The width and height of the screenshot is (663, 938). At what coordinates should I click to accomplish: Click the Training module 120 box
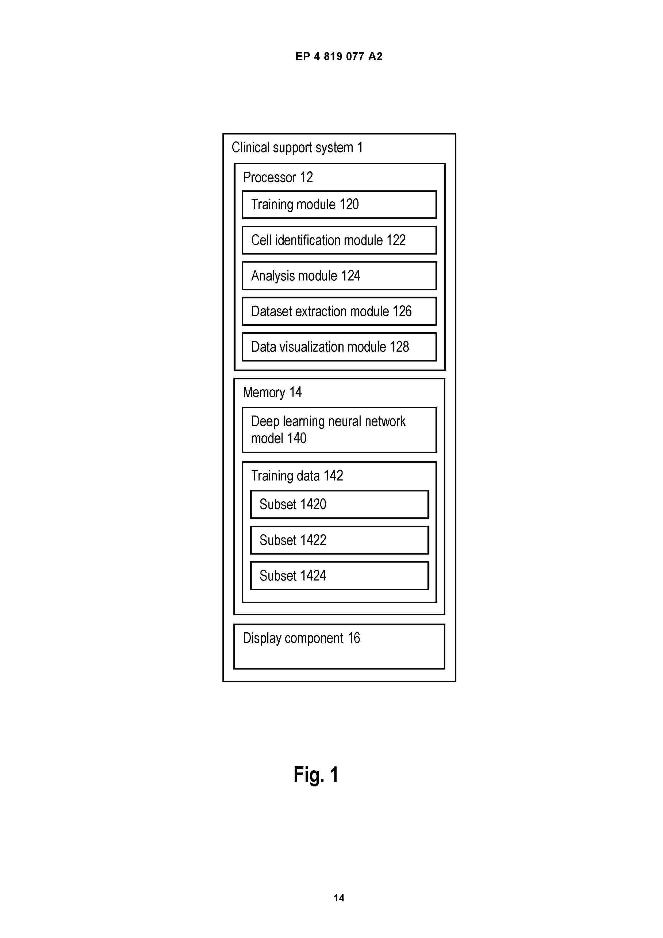[x=339, y=205]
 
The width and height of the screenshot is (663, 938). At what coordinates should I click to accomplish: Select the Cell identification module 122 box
[x=339, y=240]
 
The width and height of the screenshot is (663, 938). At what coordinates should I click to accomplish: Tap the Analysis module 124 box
[x=339, y=276]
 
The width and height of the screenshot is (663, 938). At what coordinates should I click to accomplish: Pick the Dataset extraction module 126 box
[x=339, y=311]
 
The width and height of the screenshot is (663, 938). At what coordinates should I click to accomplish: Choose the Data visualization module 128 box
[x=339, y=347]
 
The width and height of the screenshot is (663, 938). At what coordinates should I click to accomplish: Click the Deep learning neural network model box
[x=339, y=430]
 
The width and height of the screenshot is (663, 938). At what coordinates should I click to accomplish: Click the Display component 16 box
[x=339, y=646]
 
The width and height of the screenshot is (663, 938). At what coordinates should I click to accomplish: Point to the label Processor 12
[x=278, y=177]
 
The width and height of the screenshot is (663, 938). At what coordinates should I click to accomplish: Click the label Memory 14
[x=272, y=393]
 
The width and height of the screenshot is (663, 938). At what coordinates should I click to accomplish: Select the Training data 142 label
[x=297, y=476]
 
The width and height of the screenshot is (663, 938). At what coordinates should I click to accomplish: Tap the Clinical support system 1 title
[x=297, y=148]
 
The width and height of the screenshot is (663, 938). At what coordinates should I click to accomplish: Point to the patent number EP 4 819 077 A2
[x=339, y=56]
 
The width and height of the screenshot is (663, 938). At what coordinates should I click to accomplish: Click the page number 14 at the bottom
[x=339, y=898]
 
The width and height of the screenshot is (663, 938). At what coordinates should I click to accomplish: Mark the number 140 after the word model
[x=296, y=438]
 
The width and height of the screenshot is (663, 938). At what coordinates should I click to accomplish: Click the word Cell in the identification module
[x=261, y=240]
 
